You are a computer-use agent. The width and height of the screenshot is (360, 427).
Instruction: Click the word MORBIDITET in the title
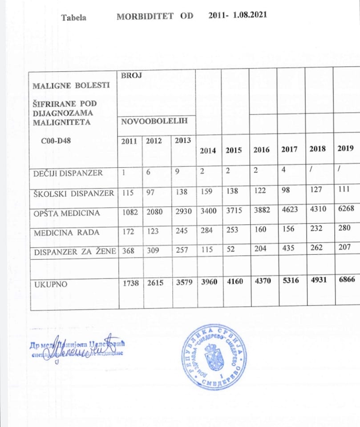(145, 16)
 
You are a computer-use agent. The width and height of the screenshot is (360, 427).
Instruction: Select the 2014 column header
(208, 150)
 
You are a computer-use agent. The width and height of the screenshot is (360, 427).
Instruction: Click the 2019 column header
(345, 149)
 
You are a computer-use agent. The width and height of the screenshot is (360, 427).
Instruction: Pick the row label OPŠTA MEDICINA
(66, 213)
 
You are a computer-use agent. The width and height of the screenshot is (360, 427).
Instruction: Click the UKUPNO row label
(49, 284)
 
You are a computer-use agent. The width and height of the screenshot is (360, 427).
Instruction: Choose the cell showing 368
(127, 252)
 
